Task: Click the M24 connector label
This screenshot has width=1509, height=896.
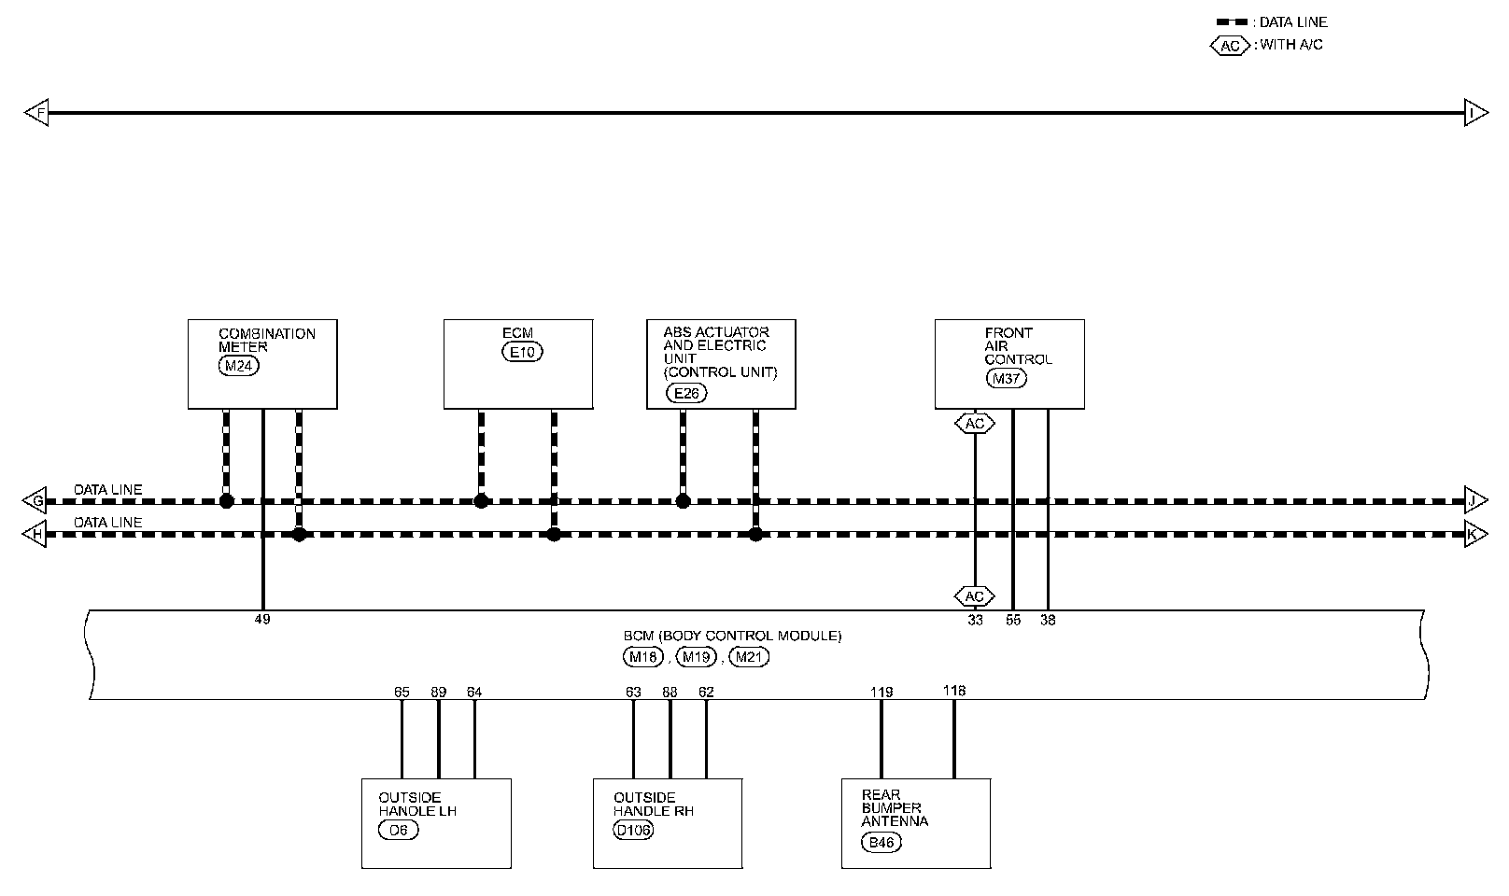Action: click(238, 366)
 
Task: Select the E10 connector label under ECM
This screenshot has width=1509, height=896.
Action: click(522, 352)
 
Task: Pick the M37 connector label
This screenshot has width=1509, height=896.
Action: click(1006, 378)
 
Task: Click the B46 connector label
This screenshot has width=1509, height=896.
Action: click(881, 843)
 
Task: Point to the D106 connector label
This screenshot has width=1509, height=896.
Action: click(633, 830)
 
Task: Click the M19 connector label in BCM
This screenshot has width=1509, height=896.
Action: click(696, 657)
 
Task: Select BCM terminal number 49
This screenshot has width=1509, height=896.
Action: click(262, 619)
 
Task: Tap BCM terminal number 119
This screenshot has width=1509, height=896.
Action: click(881, 692)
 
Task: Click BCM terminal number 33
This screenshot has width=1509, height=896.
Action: click(975, 619)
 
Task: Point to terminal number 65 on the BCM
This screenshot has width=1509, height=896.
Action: click(402, 692)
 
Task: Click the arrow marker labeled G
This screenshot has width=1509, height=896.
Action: click(35, 501)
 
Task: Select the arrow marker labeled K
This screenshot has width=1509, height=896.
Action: click(1474, 535)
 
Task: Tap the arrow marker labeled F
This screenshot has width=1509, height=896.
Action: click(35, 113)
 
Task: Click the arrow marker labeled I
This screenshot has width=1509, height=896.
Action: click(1475, 113)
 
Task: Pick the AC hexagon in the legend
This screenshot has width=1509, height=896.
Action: click(1230, 45)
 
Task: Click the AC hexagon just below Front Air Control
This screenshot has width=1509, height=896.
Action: click(975, 424)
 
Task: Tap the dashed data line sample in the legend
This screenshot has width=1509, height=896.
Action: click(1232, 21)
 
